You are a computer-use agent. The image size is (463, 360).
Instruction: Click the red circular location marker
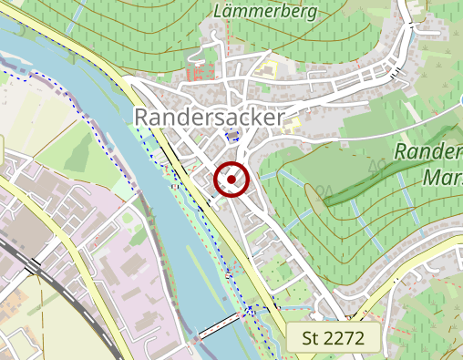click(x=231, y=180)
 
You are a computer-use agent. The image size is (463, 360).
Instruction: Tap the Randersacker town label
click(x=209, y=117)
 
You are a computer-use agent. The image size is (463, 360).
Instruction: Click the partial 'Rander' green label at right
click(x=428, y=152)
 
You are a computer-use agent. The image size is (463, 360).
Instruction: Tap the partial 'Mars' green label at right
click(x=443, y=177)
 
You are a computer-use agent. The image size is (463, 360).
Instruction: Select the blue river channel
click(x=109, y=137)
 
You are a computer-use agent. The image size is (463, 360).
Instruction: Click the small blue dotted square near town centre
click(x=231, y=136)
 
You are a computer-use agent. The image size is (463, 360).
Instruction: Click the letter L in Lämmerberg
click(x=218, y=13)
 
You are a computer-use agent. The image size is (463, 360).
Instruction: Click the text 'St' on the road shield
click(x=311, y=338)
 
